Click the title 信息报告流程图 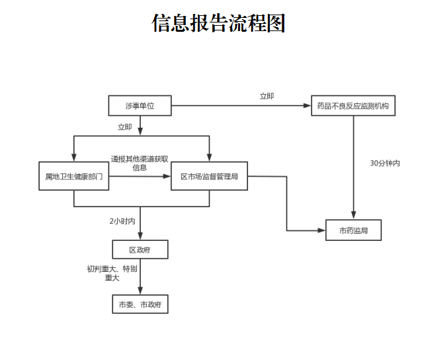[218, 24]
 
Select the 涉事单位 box [140, 106]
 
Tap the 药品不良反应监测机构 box [353, 106]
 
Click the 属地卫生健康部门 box [73, 177]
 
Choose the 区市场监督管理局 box [209, 177]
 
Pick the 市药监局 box [354, 230]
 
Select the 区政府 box [140, 249]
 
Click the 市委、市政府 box [140, 304]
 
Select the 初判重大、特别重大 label [112, 273]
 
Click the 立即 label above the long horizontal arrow [267, 96]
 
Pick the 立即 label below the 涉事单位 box [124, 126]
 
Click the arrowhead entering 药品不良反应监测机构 [308, 106]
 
